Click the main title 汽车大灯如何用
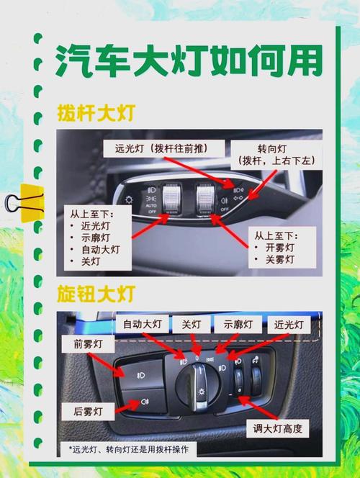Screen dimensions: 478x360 tap(189, 59)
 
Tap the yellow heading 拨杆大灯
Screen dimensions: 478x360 tap(95, 113)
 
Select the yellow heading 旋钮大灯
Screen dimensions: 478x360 tap(95, 294)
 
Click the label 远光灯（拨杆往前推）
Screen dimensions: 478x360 tap(161, 149)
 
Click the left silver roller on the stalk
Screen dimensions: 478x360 tap(172, 199)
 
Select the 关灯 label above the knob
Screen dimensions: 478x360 tap(192, 324)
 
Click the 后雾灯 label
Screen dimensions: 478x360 tap(88, 412)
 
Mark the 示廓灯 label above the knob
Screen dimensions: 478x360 tap(240, 324)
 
